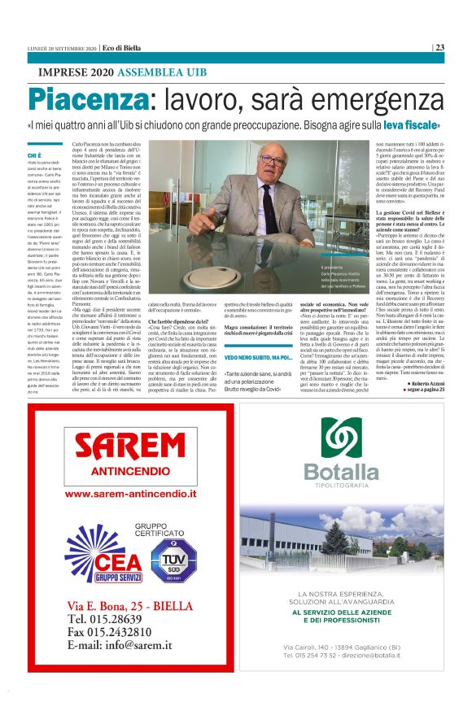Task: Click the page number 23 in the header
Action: pyautogui.click(x=439, y=47)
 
